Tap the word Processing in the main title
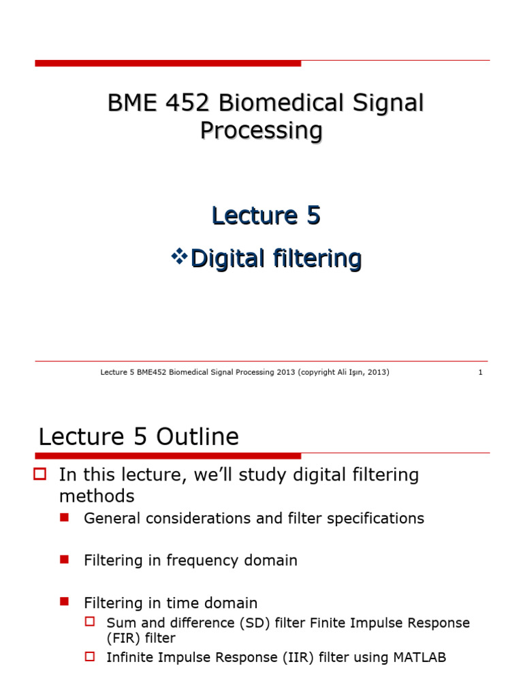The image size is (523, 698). point(261,130)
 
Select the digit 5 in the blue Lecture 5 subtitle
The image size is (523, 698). point(312,215)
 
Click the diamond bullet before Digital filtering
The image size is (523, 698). point(179,257)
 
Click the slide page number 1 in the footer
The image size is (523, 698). point(480,372)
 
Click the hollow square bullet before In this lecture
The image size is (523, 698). point(39,474)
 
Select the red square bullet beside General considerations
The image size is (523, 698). point(65,518)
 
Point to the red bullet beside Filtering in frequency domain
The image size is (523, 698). point(65,560)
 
